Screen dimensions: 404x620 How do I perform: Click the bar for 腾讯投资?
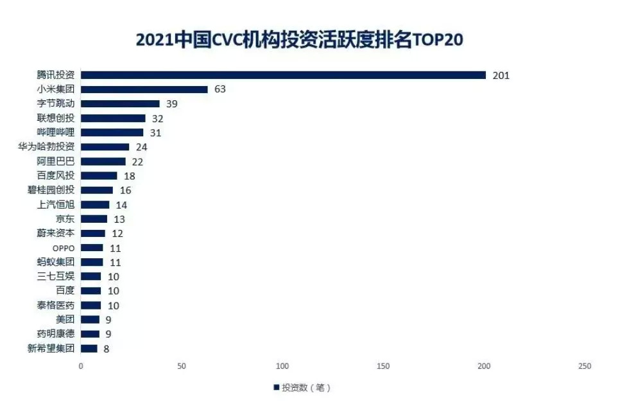coord(283,75)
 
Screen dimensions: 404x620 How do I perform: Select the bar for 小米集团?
coord(144,89)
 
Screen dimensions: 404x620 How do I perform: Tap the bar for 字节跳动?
coord(120,103)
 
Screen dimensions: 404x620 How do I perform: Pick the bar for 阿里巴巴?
coord(103,161)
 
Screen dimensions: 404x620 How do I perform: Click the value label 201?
coord(501,75)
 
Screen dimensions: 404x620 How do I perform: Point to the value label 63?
coord(220,89)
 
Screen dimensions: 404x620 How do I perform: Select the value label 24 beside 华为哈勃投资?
coord(142,147)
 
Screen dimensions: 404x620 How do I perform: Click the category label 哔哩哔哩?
coord(56,132)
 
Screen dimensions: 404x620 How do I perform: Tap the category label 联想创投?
coord(56,118)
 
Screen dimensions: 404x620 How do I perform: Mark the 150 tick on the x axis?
coord(383,366)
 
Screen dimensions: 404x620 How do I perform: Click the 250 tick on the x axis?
coord(584,366)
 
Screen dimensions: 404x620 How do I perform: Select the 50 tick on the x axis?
coord(182,366)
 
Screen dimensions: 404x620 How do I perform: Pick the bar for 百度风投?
coord(99,175)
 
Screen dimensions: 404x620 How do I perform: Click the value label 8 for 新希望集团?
coord(107,349)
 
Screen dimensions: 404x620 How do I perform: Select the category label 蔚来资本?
coord(56,234)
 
